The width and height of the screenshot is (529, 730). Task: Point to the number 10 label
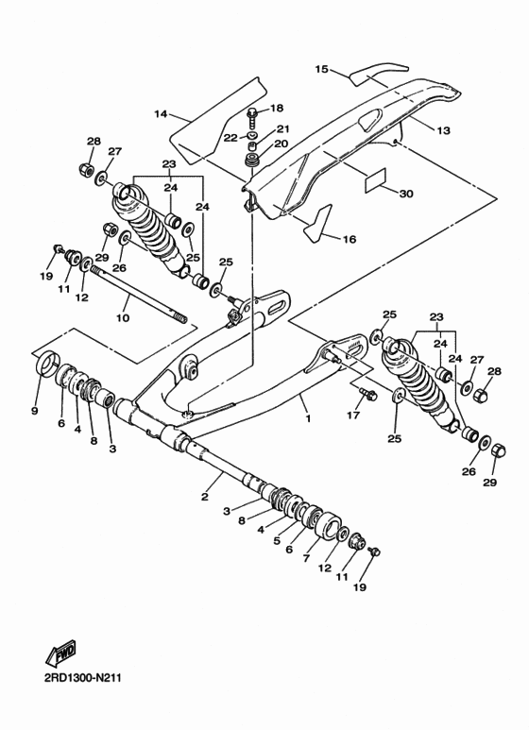(x=123, y=318)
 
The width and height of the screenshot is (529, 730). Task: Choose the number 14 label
(x=161, y=114)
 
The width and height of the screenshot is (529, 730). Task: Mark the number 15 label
(x=320, y=69)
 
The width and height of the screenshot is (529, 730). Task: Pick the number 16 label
(x=349, y=239)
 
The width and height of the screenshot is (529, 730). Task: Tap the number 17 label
(x=353, y=415)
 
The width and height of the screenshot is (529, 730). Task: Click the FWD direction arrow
(x=61, y=655)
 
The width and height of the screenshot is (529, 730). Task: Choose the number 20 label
(x=281, y=144)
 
